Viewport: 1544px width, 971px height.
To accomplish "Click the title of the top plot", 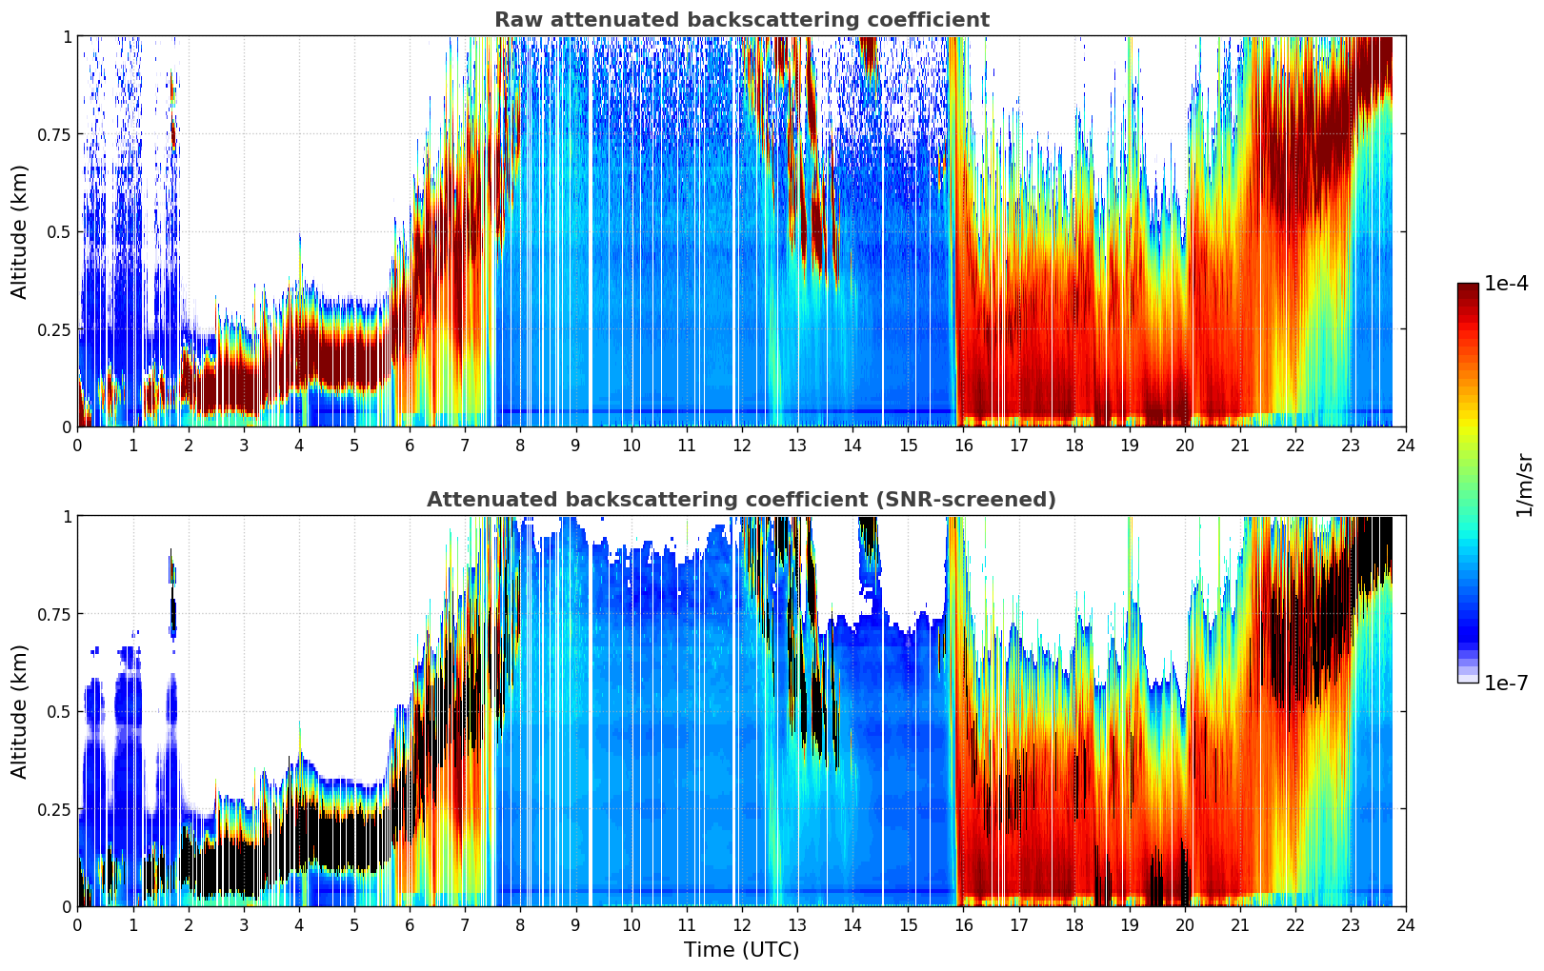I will coord(741,20).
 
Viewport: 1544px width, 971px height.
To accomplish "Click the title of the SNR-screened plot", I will coord(741,500).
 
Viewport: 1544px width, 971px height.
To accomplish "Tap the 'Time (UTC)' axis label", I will coord(741,950).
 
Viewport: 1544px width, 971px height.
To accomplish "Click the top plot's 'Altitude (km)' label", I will coord(20,231).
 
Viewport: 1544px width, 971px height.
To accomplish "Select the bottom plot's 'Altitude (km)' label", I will coord(20,711).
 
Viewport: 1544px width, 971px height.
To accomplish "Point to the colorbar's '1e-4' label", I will coord(1506,284).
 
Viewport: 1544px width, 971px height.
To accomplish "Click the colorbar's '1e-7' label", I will coord(1506,683).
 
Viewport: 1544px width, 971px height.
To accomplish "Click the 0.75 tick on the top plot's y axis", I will coord(53,134).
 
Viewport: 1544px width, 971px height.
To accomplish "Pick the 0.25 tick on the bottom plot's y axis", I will coord(53,809).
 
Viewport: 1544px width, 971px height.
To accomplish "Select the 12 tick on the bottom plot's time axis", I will coord(742,925).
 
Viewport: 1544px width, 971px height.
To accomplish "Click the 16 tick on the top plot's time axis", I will coord(963,446).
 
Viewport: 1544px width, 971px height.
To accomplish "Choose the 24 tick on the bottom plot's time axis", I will coord(1406,925).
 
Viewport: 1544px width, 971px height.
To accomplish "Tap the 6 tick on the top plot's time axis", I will coord(410,446).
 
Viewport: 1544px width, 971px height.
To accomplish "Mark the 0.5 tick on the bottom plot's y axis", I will coord(59,711).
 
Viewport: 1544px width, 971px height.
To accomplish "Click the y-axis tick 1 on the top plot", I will coord(67,36).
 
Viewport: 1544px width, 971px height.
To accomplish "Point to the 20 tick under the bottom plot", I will coord(1185,925).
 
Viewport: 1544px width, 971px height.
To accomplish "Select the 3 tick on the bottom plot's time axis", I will coord(244,925).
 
